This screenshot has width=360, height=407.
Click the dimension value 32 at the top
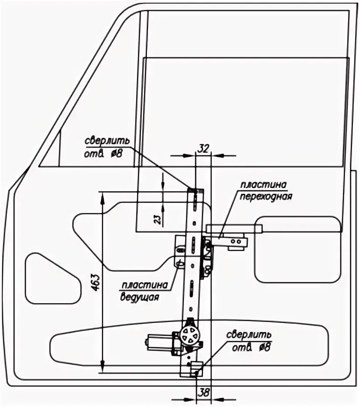(x=203, y=148)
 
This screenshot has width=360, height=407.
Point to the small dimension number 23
(x=159, y=218)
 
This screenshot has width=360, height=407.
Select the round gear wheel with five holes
(x=190, y=336)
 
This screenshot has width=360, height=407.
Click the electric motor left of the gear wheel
(x=158, y=342)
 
